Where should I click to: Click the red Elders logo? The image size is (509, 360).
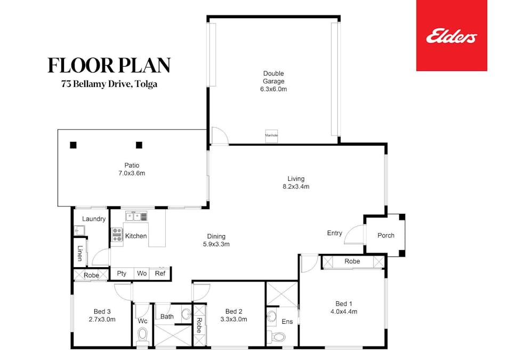[451, 36]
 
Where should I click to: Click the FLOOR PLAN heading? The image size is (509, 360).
[109, 65]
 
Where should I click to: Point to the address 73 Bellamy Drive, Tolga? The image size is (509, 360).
[109, 83]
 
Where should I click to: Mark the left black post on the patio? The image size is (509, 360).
[73, 145]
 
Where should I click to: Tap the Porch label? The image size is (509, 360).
[386, 235]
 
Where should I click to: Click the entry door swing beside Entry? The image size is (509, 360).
[353, 235]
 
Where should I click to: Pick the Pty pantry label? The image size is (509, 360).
[122, 274]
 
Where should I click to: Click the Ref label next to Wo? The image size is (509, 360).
[160, 274]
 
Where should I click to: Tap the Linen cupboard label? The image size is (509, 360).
[80, 253]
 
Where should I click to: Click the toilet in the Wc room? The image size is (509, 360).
[142, 335]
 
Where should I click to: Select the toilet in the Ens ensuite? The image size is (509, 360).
[276, 337]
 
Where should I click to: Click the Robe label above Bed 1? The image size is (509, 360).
[352, 261]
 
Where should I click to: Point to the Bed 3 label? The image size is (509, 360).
[102, 311]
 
